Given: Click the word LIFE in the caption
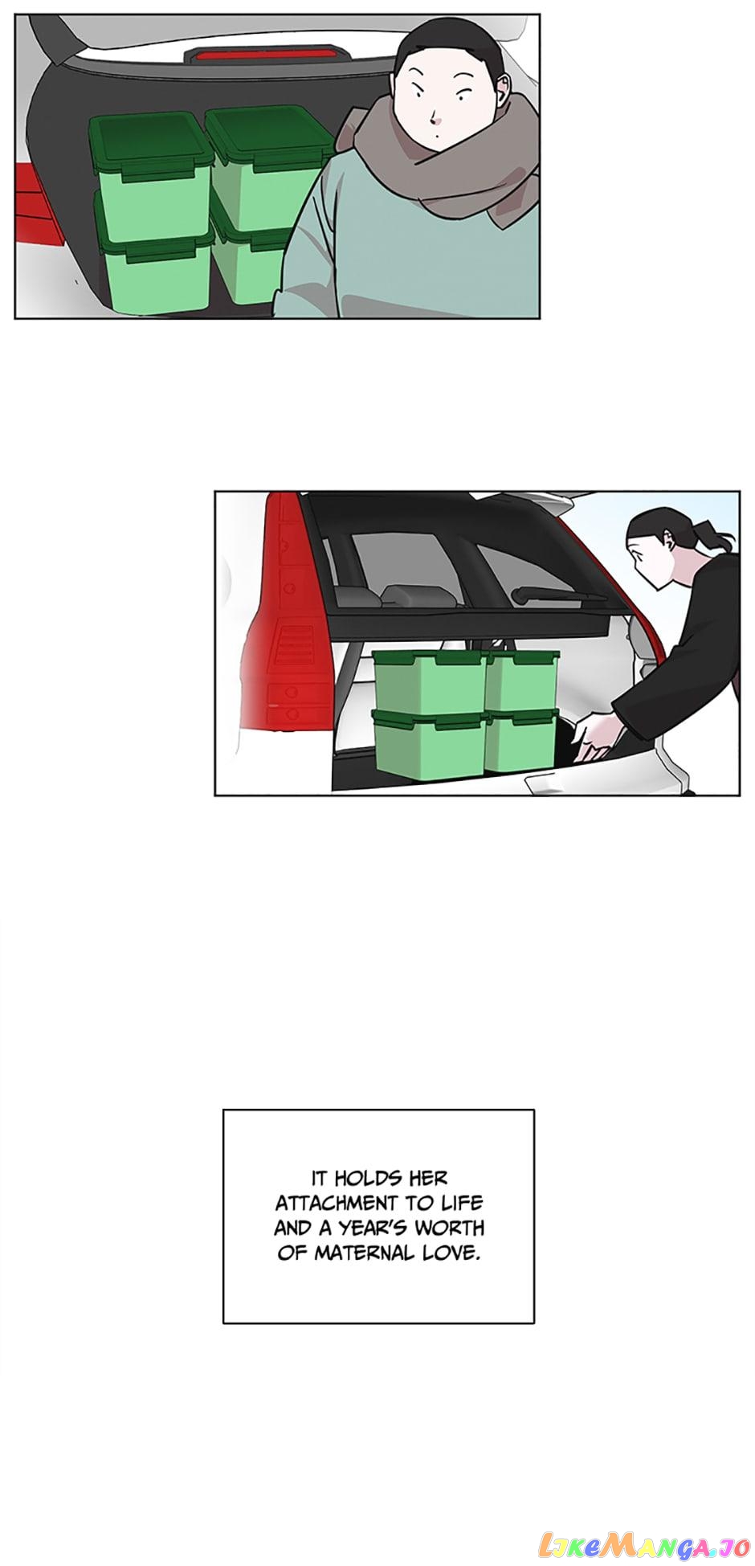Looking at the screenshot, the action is point(462,1203).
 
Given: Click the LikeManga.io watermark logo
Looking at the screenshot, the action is point(649,1543).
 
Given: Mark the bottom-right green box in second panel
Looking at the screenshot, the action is point(520,739).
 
